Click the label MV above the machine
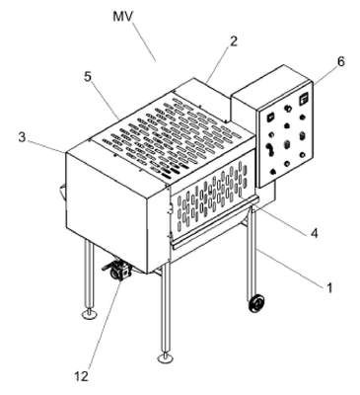tap(122, 16)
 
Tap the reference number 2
tap(233, 41)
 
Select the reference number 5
tap(87, 76)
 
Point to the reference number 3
tap(22, 137)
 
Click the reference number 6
tap(341, 61)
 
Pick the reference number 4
tap(315, 233)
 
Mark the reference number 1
tap(329, 287)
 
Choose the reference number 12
tap(82, 376)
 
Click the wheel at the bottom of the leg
tap(256, 303)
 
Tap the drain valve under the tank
tap(117, 270)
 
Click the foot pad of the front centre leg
tap(166, 357)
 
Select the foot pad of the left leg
tap(89, 315)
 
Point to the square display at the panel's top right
tap(303, 99)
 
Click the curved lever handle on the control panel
tap(270, 149)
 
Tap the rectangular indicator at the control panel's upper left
tap(270, 117)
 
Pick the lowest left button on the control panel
tap(272, 171)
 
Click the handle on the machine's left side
tap(62, 192)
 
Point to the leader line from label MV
tap(144, 41)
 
